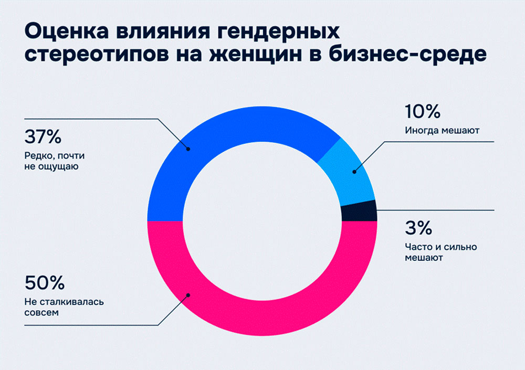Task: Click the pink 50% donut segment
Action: (x=262, y=315)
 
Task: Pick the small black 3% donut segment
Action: (x=359, y=211)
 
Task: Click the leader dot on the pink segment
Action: (x=188, y=295)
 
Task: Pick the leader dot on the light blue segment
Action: (x=354, y=171)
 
